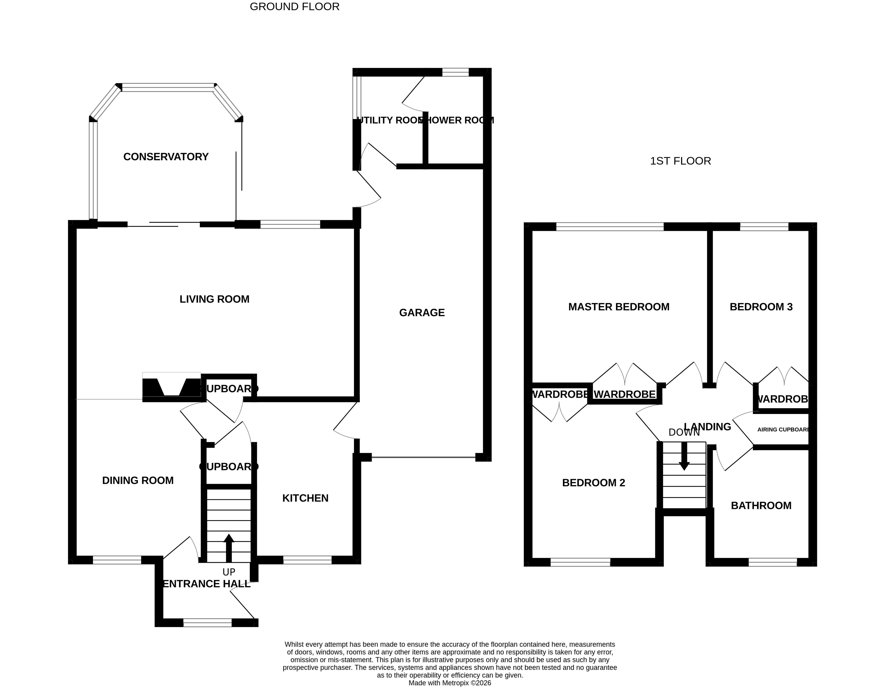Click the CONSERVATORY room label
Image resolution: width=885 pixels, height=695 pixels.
[x=166, y=157]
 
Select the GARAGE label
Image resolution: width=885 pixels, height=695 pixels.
[x=422, y=312]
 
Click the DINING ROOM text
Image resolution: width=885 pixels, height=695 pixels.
[x=138, y=481]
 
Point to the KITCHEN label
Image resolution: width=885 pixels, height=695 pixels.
[x=305, y=498]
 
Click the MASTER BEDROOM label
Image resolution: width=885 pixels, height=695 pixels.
[x=618, y=307]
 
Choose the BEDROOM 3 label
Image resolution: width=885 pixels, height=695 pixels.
[x=761, y=307]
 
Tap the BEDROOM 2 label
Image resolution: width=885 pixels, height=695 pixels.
[x=593, y=483]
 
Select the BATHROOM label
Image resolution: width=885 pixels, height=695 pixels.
[x=761, y=505]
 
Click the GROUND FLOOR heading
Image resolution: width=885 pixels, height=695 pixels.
[x=294, y=7]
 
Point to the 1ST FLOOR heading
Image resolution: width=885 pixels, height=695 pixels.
[x=680, y=161]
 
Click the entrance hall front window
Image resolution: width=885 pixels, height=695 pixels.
[x=207, y=622]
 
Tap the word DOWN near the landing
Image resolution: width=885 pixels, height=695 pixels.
[x=684, y=432]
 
